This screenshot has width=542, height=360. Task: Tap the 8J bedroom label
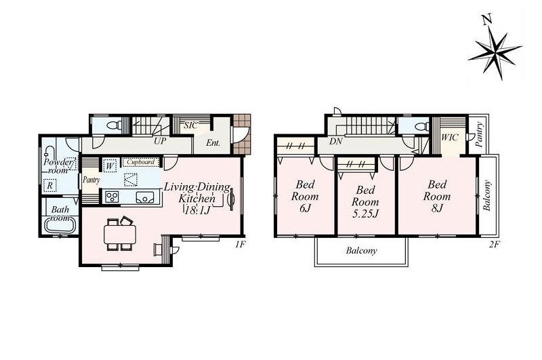(437, 196)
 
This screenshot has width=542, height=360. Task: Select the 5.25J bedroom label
(365, 201)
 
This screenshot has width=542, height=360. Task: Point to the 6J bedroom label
(305, 196)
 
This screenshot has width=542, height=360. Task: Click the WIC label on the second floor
(450, 138)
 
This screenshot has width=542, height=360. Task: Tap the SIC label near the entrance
(191, 125)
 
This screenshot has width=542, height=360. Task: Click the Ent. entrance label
(213, 142)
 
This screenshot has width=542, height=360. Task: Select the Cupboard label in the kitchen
(140, 162)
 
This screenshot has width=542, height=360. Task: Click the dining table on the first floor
(120, 234)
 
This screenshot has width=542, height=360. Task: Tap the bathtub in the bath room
(60, 226)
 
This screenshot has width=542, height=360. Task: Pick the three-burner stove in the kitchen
(112, 197)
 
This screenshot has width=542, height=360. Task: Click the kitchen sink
(146, 197)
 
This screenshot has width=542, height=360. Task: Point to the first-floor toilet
(114, 125)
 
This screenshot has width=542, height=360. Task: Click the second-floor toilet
(421, 127)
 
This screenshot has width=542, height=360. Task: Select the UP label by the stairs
(160, 141)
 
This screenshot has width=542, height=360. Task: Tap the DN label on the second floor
(335, 141)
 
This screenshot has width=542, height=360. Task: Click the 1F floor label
(241, 245)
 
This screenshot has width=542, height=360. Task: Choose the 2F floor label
(495, 245)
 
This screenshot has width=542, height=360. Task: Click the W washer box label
(110, 166)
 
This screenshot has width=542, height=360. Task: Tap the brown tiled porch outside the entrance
(242, 134)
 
